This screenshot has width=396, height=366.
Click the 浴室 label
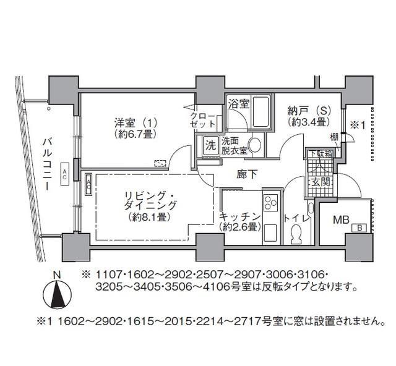click(x=238, y=103)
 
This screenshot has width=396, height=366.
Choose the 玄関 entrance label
click(x=321, y=182)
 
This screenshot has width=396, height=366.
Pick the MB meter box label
click(x=340, y=219)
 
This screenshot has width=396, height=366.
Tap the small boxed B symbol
click(x=358, y=229)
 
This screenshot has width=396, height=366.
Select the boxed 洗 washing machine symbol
click(x=210, y=146)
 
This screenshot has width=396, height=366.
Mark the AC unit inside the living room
click(x=88, y=182)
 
